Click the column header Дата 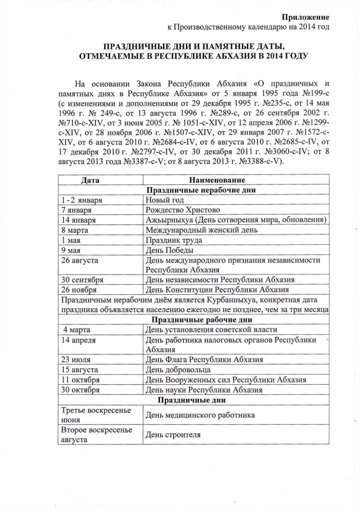(x=90, y=181)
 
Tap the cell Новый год (x=165, y=200)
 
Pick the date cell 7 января (x=79, y=210)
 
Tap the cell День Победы (x=170, y=250)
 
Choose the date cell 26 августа (x=80, y=260)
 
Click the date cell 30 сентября (x=83, y=280)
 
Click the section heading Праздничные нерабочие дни (x=200, y=190)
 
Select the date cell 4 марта (x=79, y=330)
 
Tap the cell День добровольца (x=178, y=370)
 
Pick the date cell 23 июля (x=77, y=359)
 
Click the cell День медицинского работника (x=200, y=415)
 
